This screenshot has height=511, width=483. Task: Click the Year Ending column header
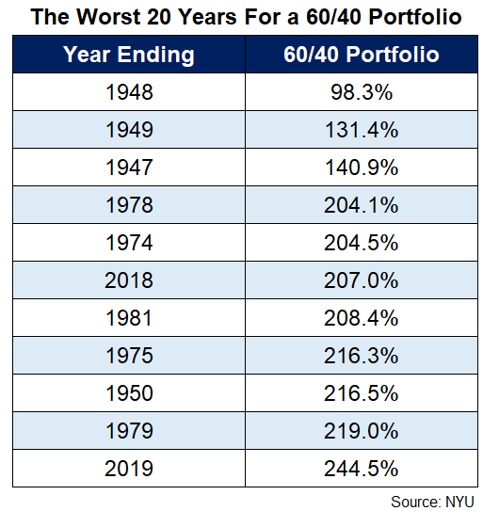[x=129, y=54]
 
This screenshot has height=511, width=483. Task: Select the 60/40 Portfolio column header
[x=362, y=54]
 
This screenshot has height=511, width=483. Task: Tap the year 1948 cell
[x=129, y=92]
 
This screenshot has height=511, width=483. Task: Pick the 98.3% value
[x=362, y=92]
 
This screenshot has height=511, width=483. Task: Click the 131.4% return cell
[x=362, y=130]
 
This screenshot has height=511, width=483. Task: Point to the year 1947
[x=129, y=168]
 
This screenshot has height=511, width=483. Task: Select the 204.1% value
[x=362, y=205]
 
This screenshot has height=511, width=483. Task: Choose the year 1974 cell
[x=129, y=243]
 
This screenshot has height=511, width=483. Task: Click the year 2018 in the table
[x=129, y=279]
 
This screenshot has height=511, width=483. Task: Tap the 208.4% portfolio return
[x=362, y=318]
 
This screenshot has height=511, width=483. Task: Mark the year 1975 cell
[x=129, y=355]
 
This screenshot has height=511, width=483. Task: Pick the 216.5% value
[x=362, y=393]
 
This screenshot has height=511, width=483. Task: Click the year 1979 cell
[x=129, y=430]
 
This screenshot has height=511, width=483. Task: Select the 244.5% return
[x=362, y=469]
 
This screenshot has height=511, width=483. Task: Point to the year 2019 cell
[x=129, y=469]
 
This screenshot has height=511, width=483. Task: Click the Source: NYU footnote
[x=432, y=502]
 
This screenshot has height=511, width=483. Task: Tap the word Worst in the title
[x=108, y=17]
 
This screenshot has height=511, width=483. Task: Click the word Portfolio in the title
[x=415, y=17]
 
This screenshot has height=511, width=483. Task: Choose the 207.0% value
[x=362, y=279]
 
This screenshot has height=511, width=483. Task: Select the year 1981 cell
[x=129, y=318]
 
